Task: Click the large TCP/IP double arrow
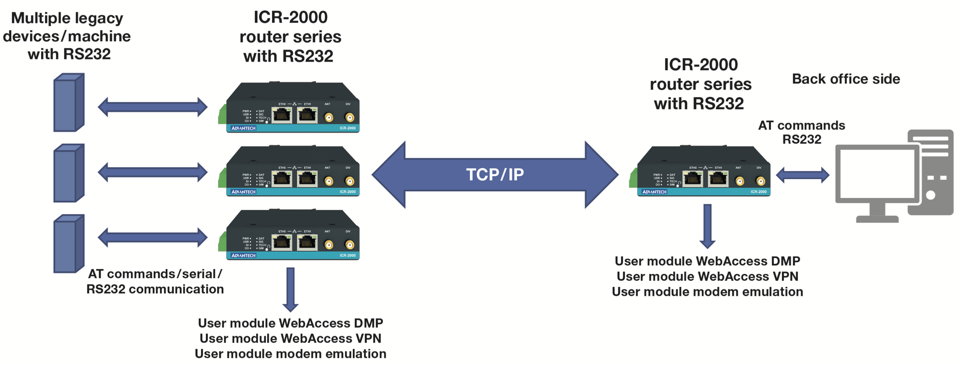click(495, 175)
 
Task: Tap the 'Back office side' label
click(846, 79)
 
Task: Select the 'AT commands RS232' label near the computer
click(801, 132)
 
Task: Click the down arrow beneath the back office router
click(708, 226)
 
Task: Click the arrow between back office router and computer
click(803, 175)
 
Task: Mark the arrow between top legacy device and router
click(153, 107)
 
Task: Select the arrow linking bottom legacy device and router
click(153, 238)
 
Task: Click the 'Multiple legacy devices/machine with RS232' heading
click(67, 36)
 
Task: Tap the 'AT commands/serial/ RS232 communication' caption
click(155, 281)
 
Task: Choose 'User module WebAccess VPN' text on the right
click(708, 276)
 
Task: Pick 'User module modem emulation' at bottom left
click(290, 354)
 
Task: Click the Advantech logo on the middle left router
click(244, 192)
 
